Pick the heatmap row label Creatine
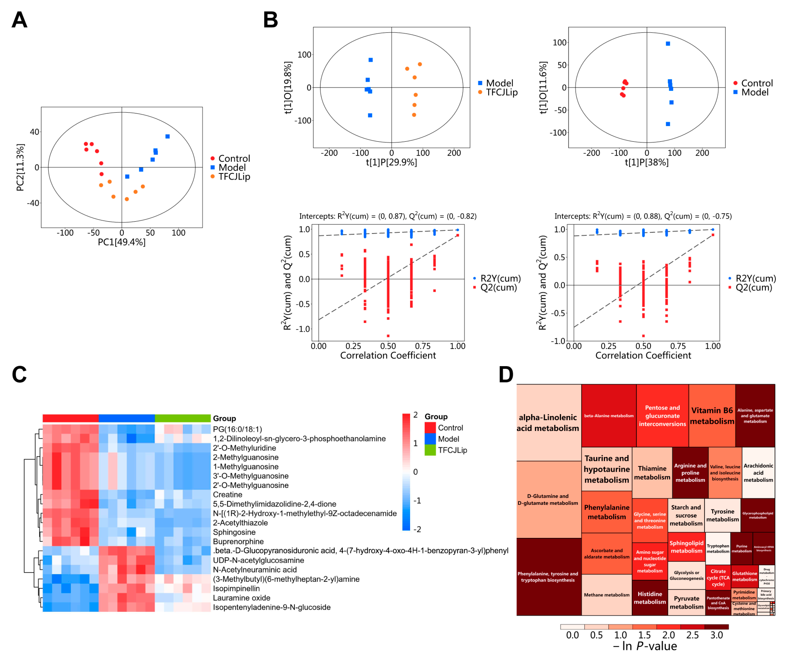(x=228, y=495)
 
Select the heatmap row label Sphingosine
(x=234, y=532)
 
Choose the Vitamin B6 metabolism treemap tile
(x=712, y=415)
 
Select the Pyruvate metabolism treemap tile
(x=686, y=602)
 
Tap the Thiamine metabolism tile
(x=652, y=472)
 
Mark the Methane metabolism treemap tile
(x=606, y=595)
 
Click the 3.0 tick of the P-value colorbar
(x=716, y=635)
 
